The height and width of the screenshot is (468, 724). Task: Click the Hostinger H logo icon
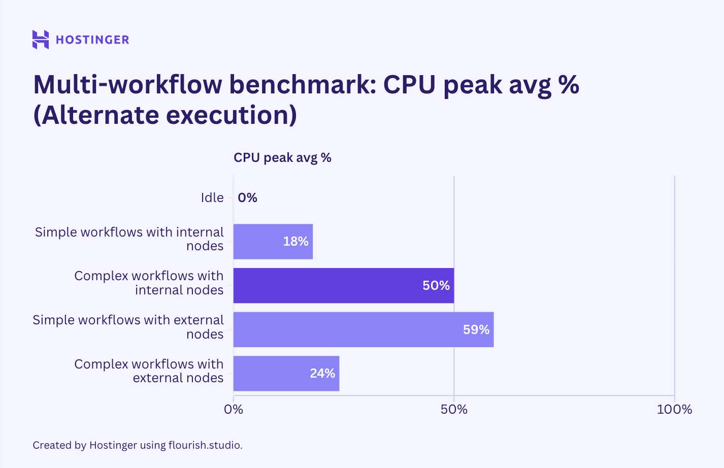point(41,40)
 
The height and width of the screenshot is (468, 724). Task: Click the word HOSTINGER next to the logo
point(92,40)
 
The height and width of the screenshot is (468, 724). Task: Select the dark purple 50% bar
point(343,286)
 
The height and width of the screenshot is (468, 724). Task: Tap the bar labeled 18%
point(273,242)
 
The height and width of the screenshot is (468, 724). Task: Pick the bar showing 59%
point(363,330)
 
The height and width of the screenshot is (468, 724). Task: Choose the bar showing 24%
point(286,374)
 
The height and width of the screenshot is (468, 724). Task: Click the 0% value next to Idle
point(247,198)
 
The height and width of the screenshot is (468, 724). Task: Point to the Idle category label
point(212,198)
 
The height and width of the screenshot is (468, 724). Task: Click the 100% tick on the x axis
point(674,410)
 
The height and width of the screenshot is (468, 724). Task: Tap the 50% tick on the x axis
point(454,410)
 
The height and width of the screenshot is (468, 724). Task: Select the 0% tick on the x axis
point(234,410)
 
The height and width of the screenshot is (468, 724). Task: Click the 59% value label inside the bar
point(476,330)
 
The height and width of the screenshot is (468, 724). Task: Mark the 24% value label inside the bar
point(322,374)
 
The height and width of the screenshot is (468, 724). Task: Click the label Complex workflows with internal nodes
point(149,283)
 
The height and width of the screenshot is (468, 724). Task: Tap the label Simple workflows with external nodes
point(128,327)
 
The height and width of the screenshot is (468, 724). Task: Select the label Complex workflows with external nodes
point(149,371)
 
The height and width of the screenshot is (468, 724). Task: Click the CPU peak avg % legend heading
point(282,158)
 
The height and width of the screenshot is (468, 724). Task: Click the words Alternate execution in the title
point(165,115)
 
